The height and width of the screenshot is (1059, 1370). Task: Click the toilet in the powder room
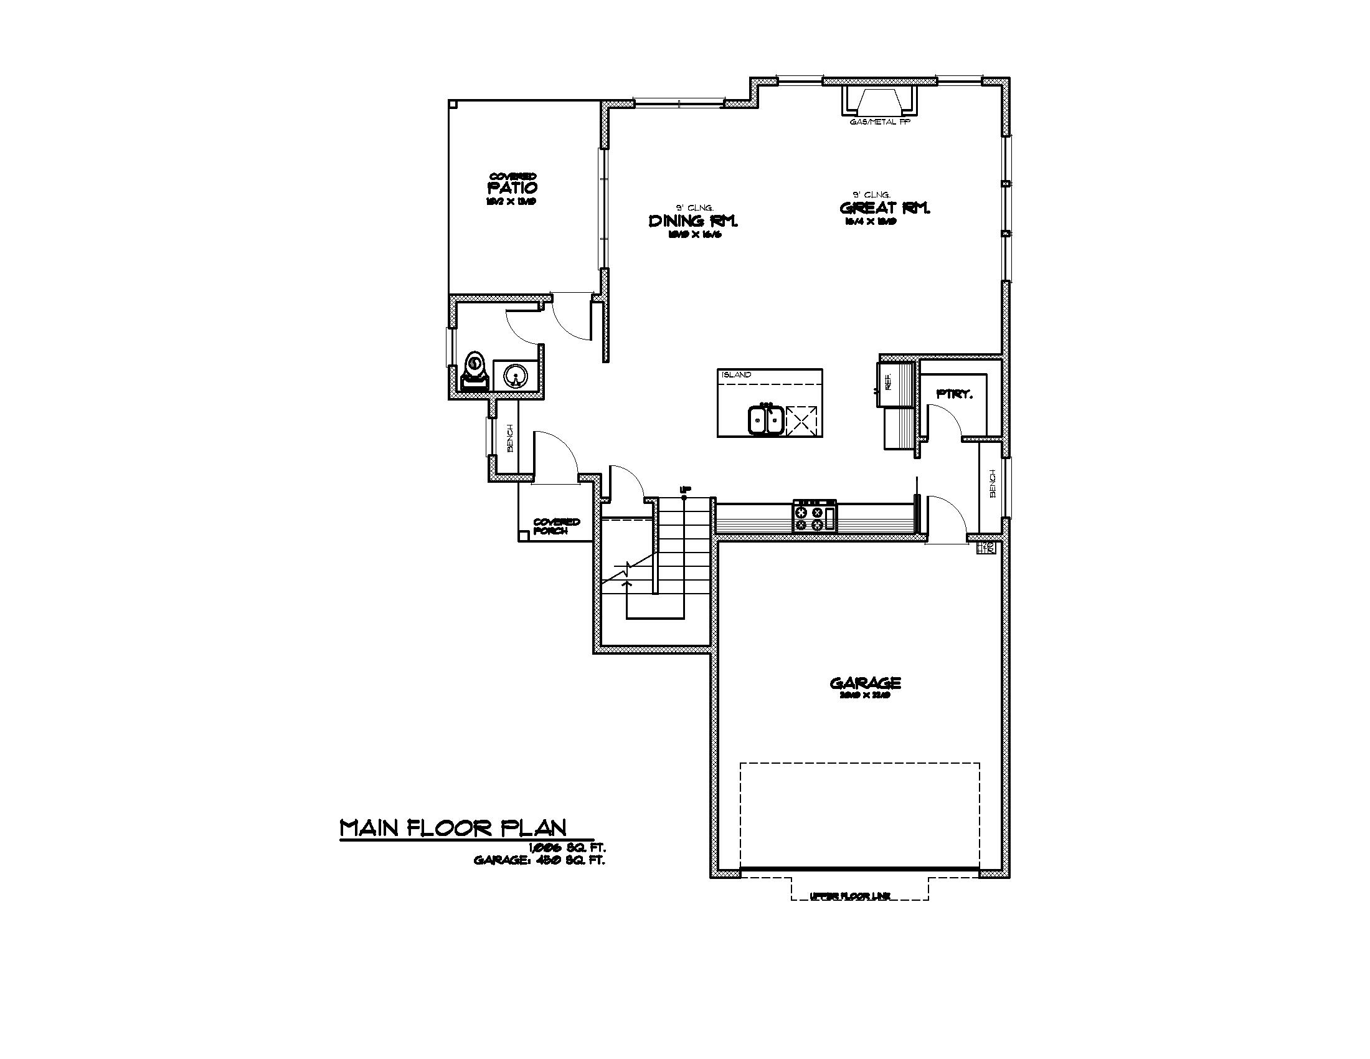click(x=475, y=374)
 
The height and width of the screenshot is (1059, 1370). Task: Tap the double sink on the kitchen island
click(x=766, y=420)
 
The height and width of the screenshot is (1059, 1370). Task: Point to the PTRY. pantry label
click(x=954, y=394)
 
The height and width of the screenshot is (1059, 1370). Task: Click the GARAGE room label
click(x=865, y=683)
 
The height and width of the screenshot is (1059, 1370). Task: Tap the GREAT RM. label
click(x=884, y=207)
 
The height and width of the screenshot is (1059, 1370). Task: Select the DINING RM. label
click(x=692, y=221)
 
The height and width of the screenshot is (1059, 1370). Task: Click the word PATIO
click(x=513, y=188)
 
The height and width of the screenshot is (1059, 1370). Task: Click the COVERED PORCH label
click(x=555, y=526)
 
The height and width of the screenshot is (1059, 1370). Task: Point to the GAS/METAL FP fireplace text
click(x=879, y=123)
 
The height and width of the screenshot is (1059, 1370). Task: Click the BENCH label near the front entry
click(x=510, y=438)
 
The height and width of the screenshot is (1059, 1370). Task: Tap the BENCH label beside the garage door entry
click(x=993, y=483)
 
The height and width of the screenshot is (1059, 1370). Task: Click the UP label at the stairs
click(x=685, y=489)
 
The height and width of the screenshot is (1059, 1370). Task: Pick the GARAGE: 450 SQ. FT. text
click(x=539, y=861)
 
